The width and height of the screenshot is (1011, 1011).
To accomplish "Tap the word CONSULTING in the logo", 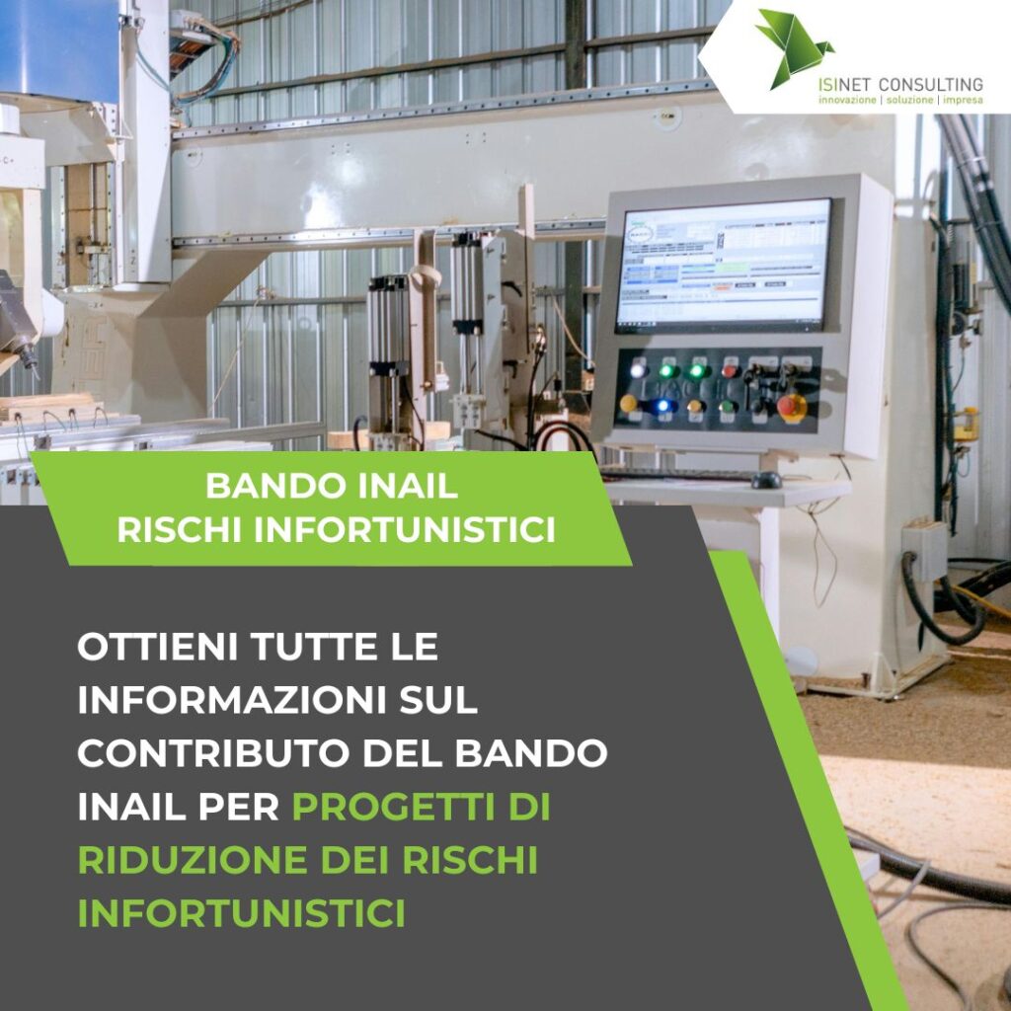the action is [930, 85].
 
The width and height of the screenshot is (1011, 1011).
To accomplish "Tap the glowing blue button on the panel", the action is [662, 406].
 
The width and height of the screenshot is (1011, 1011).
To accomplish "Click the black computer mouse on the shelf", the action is [766, 480].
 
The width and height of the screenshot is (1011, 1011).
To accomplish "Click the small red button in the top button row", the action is [730, 371].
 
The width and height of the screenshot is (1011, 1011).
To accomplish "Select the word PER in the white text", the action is [239, 807].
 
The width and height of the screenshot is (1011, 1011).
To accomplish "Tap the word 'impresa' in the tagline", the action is [964, 100].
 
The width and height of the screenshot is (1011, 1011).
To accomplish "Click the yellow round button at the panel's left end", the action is [628, 404].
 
